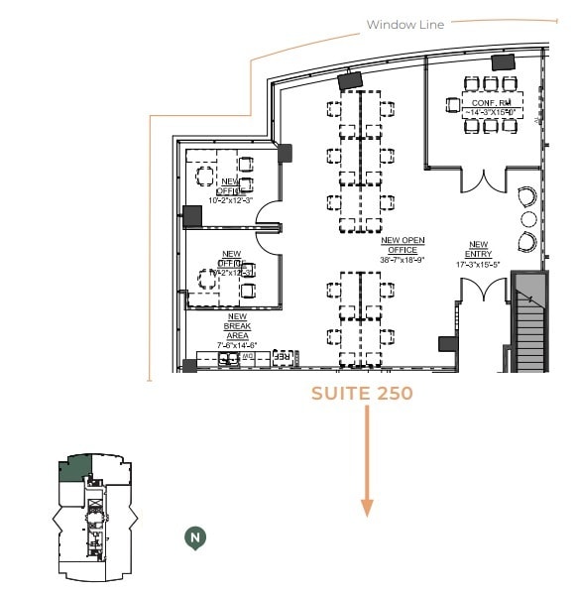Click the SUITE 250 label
pyautogui.click(x=362, y=394)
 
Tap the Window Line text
pyautogui.click(x=405, y=24)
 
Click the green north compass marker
pyautogui.click(x=196, y=537)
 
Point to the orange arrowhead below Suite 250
pyautogui.click(x=367, y=507)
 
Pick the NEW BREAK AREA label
pyautogui.click(x=237, y=327)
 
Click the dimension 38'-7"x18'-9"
pyautogui.click(x=403, y=260)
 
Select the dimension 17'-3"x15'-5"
pyautogui.click(x=479, y=265)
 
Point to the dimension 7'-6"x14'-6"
pyautogui.click(x=237, y=345)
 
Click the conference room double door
pyautogui.click(x=483, y=181)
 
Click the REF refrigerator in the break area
pyautogui.click(x=284, y=357)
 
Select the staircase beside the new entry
pyautogui.click(x=532, y=322)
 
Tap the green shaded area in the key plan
pyautogui.click(x=75, y=469)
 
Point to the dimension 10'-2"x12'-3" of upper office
pyautogui.click(x=232, y=200)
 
